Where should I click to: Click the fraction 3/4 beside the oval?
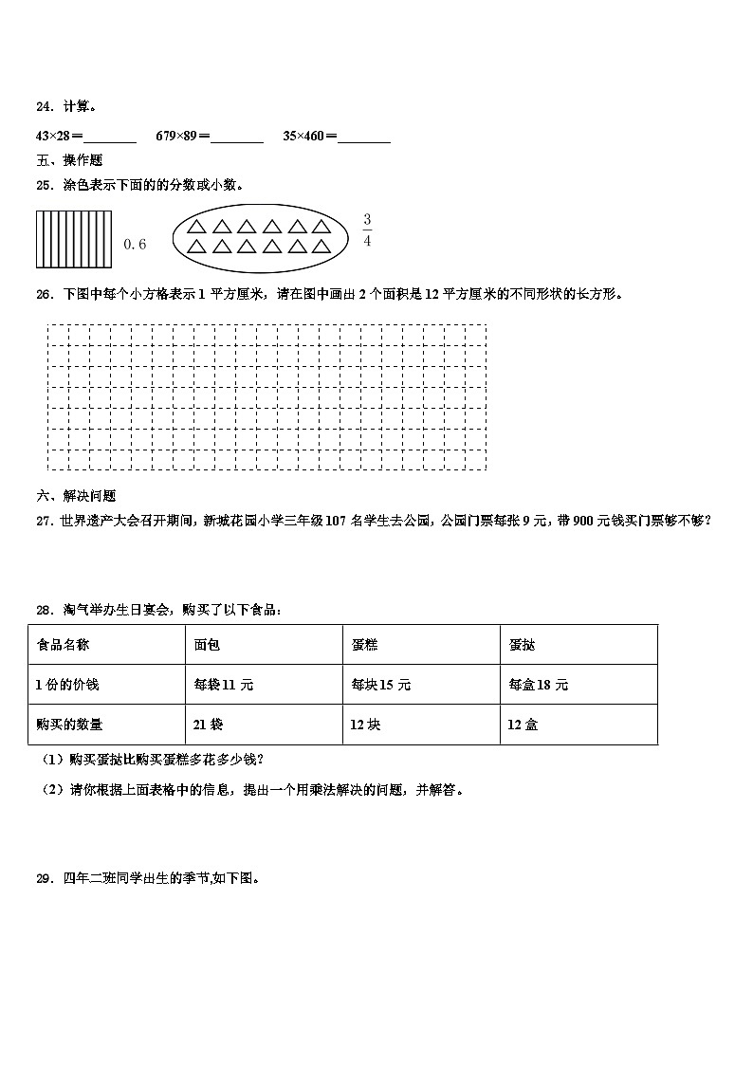click(367, 230)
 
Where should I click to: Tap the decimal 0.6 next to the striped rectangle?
click(136, 245)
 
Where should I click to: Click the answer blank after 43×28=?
click(110, 137)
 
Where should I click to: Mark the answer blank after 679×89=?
click(237, 137)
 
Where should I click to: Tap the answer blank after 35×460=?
click(364, 137)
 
